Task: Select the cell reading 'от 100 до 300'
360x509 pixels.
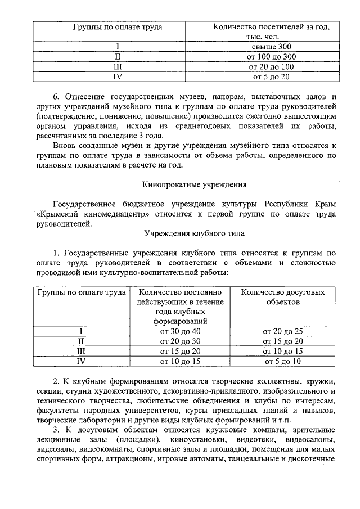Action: point(271,57)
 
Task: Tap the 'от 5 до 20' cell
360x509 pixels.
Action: point(271,76)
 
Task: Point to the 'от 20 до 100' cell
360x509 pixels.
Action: point(271,67)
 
